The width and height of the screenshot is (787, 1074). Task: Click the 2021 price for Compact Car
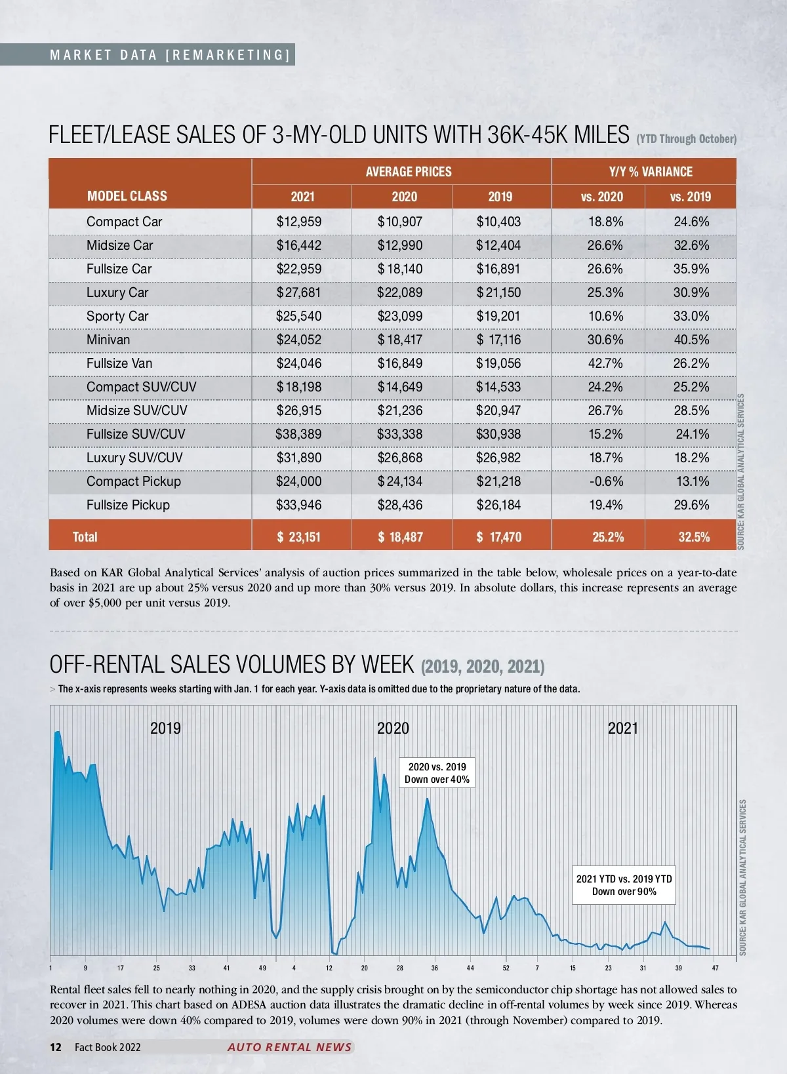(x=299, y=222)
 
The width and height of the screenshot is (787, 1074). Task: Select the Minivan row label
(x=108, y=340)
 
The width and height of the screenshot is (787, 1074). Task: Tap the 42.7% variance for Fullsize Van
(x=605, y=363)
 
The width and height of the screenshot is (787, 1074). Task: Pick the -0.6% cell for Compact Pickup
(x=605, y=481)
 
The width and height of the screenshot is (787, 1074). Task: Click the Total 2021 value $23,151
(x=299, y=537)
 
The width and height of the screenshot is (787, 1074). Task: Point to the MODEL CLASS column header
(x=127, y=196)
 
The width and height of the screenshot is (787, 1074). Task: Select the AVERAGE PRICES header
(x=408, y=172)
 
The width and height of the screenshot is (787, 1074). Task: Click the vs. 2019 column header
(x=690, y=197)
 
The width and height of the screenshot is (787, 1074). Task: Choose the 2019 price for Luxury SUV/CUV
(x=498, y=458)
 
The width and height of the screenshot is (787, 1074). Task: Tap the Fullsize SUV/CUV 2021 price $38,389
(x=299, y=434)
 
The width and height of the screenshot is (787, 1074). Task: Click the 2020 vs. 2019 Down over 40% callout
(x=437, y=773)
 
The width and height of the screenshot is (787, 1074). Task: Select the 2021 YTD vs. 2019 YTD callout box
(x=624, y=885)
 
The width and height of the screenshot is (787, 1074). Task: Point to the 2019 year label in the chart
(x=165, y=728)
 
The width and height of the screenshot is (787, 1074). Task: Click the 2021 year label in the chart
(x=622, y=728)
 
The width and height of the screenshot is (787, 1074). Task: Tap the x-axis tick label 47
(x=715, y=968)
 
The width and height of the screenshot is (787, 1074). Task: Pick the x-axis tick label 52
(x=506, y=968)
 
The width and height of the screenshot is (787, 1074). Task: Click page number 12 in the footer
(x=56, y=1047)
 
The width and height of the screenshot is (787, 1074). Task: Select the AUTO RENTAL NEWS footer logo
(x=289, y=1047)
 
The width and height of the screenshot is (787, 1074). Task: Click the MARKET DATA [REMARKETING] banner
(x=169, y=55)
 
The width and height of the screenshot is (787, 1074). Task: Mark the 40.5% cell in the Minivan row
(x=691, y=340)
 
